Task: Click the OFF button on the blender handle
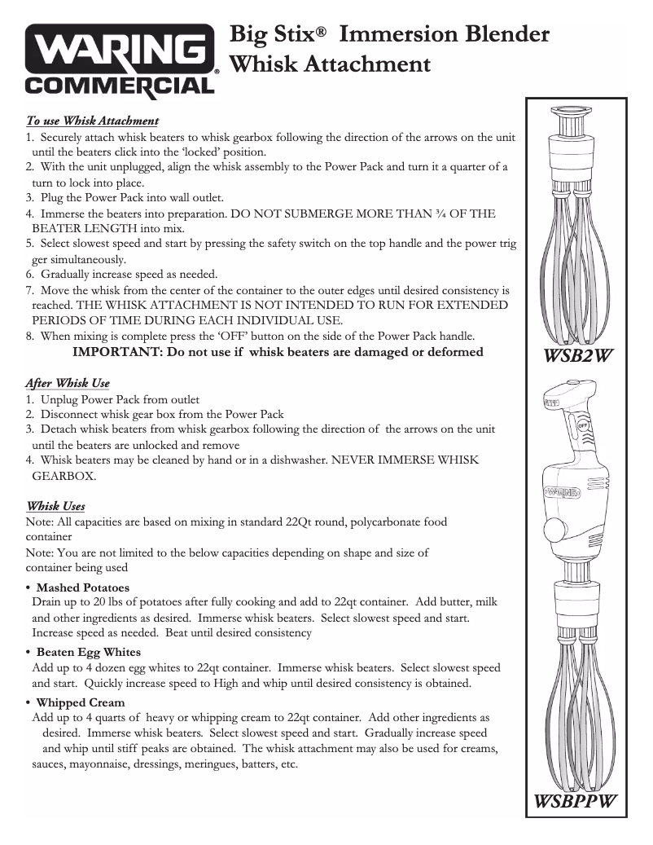click(x=583, y=426)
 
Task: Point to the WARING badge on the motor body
click(x=562, y=492)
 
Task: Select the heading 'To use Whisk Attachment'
click(x=92, y=121)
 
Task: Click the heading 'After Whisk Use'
click(x=68, y=383)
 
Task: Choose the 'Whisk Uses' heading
click(x=55, y=506)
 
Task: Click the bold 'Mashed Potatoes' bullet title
click(x=82, y=588)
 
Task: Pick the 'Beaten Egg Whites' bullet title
click(x=88, y=652)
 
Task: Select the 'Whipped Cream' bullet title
click(x=81, y=702)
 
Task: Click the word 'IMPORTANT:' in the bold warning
click(x=116, y=352)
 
